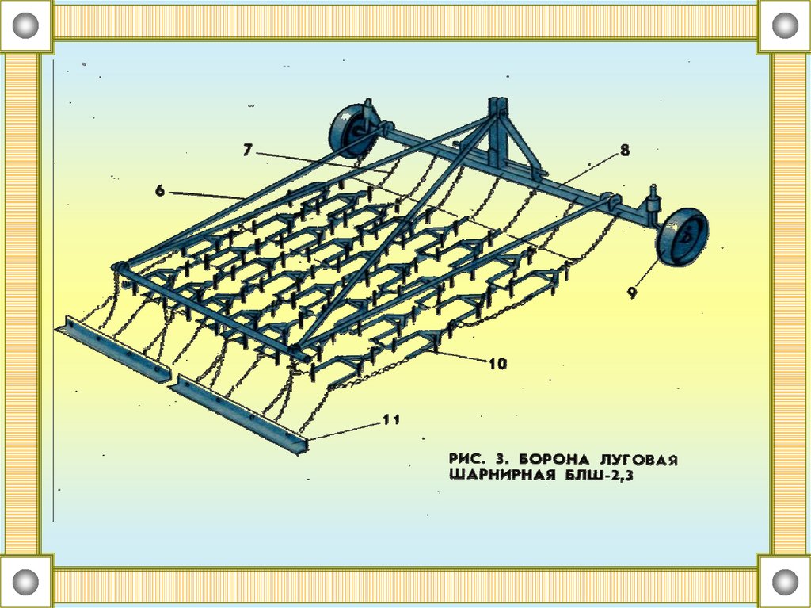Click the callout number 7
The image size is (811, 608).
point(247,149)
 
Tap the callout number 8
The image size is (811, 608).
point(625,151)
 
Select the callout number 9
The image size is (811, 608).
point(632,293)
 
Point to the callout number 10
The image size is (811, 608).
point(497,364)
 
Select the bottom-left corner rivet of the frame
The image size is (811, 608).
point(26,581)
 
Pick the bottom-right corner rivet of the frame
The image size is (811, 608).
point(784,581)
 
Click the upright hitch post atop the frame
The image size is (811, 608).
point(497,131)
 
